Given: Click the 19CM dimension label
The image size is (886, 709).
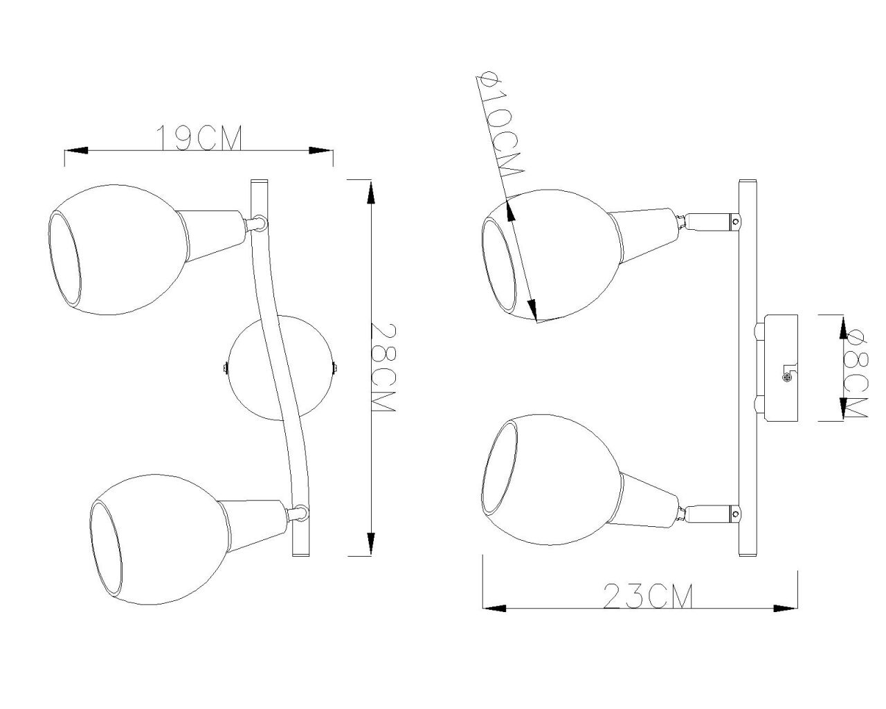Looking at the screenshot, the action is click(199, 137).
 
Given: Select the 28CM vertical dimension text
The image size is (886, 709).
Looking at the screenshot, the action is click(383, 367).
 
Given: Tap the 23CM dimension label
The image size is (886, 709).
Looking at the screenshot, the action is click(648, 595).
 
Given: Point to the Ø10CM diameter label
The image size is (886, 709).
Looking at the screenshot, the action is click(500, 124).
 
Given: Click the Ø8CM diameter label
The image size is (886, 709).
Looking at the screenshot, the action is click(856, 373).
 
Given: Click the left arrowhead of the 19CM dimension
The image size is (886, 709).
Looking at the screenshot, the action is click(76, 150).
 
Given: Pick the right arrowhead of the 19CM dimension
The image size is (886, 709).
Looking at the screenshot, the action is click(320, 150).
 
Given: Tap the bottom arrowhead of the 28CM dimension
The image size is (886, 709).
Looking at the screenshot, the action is click(371, 544).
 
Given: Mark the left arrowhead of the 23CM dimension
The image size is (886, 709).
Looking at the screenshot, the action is click(494, 609).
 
